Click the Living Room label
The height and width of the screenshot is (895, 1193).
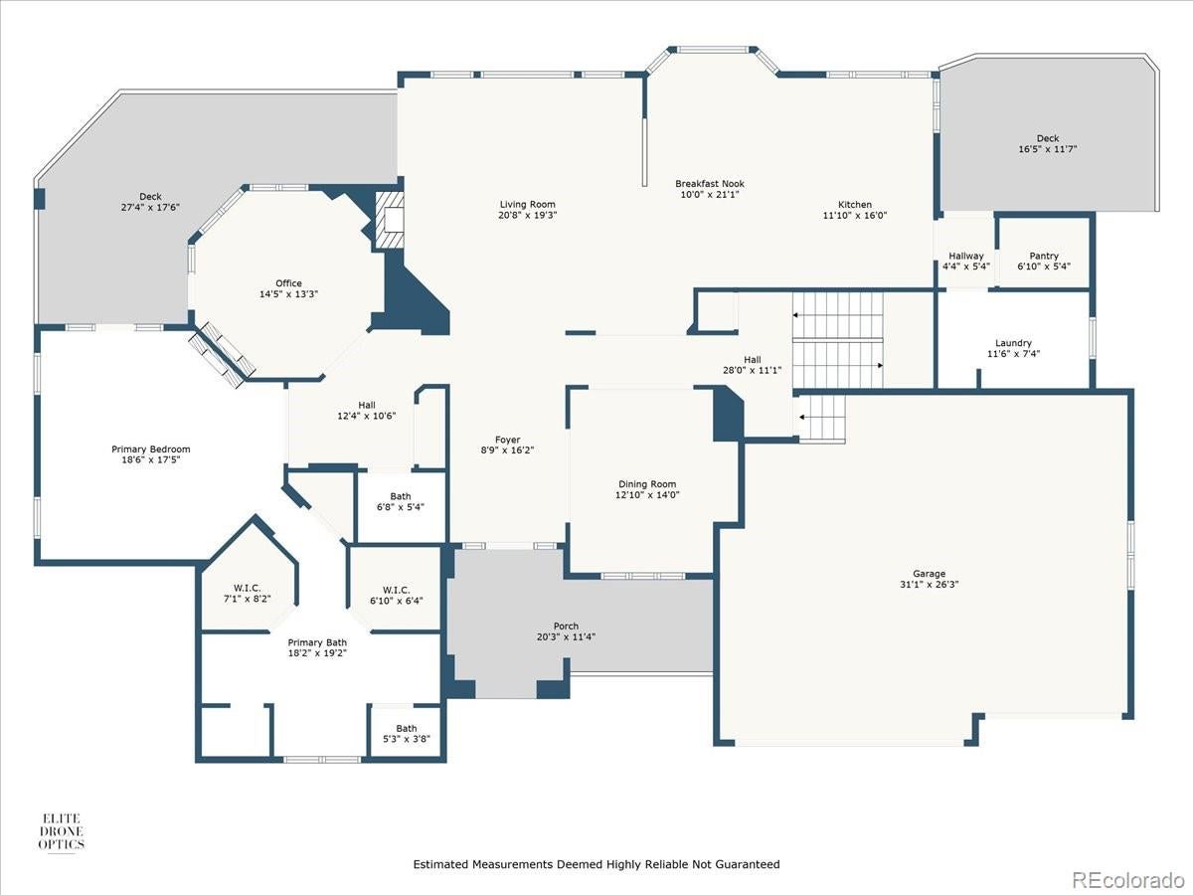click(x=527, y=205)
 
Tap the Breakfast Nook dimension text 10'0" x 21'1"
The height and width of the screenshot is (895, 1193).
click(x=709, y=195)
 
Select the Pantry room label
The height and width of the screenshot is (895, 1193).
click(x=1044, y=256)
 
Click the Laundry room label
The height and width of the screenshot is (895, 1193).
click(x=1013, y=343)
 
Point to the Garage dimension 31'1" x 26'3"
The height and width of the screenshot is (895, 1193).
click(x=930, y=585)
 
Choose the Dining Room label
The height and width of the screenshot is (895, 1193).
click(x=647, y=483)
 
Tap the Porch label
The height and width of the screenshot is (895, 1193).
click(x=566, y=626)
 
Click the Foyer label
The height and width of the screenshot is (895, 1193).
click(x=508, y=440)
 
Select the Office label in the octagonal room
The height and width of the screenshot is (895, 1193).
click(x=288, y=283)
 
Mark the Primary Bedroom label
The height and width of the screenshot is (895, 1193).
click(x=150, y=449)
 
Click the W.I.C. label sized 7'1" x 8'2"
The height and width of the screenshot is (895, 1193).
click(x=247, y=588)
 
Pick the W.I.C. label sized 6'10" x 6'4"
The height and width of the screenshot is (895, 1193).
click(x=396, y=589)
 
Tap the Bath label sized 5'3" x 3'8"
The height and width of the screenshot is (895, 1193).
click(x=407, y=728)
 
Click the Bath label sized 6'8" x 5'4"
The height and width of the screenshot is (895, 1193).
click(x=401, y=496)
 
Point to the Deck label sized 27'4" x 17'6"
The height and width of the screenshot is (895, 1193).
click(x=150, y=197)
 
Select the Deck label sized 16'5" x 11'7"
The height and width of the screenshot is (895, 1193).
click(x=1048, y=138)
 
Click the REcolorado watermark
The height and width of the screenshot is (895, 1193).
click(x=1126, y=879)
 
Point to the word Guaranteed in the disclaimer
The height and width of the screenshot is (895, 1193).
click(x=750, y=864)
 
